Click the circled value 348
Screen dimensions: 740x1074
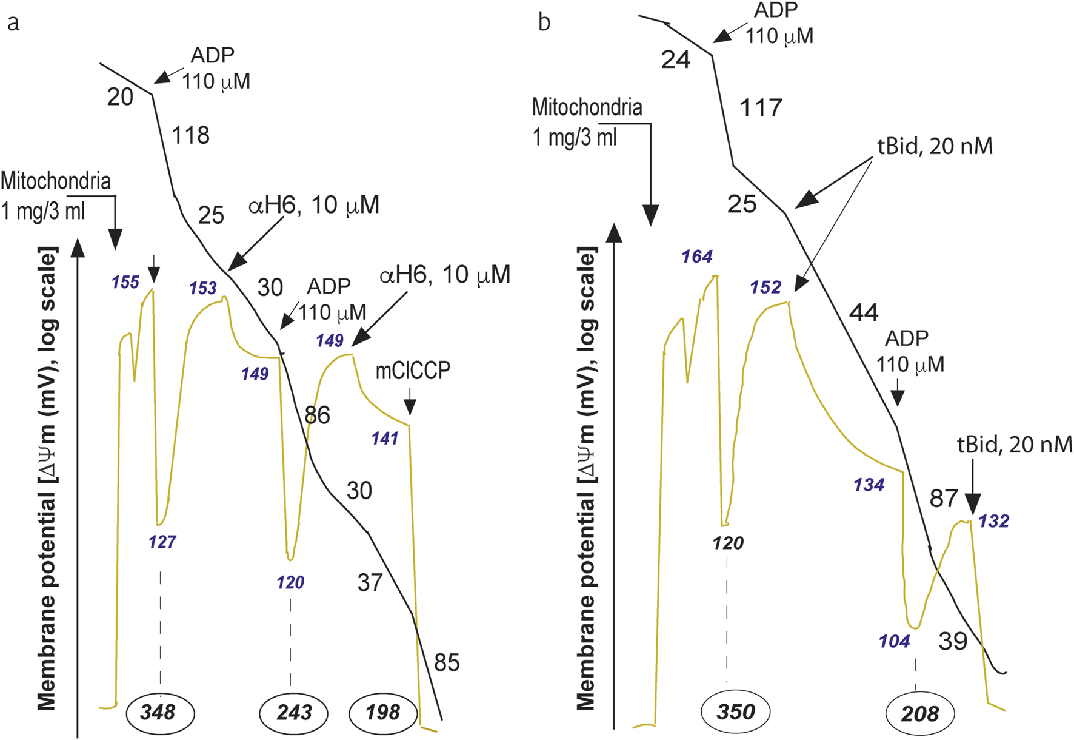pos(159,712)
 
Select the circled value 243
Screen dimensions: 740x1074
pos(294,712)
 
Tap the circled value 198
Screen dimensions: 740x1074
pos(382,712)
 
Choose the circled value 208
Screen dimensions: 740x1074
pos(920,714)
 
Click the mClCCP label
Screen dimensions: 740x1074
pos(413,371)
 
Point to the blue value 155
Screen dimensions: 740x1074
pos(125,282)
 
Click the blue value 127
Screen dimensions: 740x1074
pos(162,542)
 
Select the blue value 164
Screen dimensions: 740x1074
pos(696,257)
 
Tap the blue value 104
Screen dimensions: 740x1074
pos(895,641)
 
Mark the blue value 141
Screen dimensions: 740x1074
pos(385,438)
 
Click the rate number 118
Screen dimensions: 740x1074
pos(190,135)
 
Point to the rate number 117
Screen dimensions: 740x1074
pos(761,109)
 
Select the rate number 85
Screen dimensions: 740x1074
pos(447,662)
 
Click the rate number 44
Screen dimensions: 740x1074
pos(864,312)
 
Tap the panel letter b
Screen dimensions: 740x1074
pos(544,22)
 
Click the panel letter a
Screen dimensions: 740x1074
pos(13,23)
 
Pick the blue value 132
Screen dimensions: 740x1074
pos(993,521)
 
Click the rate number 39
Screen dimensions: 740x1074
pos(953,641)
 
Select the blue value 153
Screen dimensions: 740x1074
pos(202,288)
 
